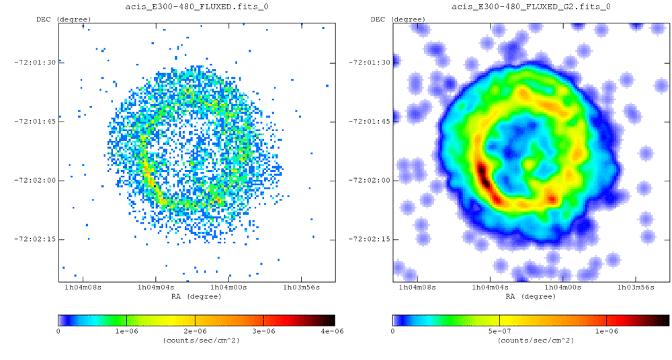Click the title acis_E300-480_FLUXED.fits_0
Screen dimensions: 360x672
pyautogui.click(x=196, y=7)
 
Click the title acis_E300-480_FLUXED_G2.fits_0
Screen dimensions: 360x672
pyautogui.click(x=530, y=7)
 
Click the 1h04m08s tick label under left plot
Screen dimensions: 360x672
pyautogui.click(x=83, y=287)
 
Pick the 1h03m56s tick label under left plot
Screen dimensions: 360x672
pyautogui.click(x=300, y=287)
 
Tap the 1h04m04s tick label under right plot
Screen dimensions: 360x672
pyautogui.click(x=490, y=287)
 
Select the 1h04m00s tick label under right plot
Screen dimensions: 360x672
pyautogui.click(x=562, y=287)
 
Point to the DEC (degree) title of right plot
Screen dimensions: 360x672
pyautogui.click(x=398, y=19)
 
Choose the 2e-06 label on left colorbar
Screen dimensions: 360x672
pyautogui.click(x=195, y=331)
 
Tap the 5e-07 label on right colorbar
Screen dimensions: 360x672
pyautogui.click(x=500, y=331)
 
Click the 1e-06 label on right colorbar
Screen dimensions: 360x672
pyautogui.click(x=606, y=331)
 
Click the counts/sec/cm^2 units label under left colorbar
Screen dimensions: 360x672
pyautogui.click(x=196, y=341)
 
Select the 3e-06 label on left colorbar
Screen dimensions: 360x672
pyautogui.click(x=264, y=331)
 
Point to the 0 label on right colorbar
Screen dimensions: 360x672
pyautogui.click(x=393, y=331)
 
